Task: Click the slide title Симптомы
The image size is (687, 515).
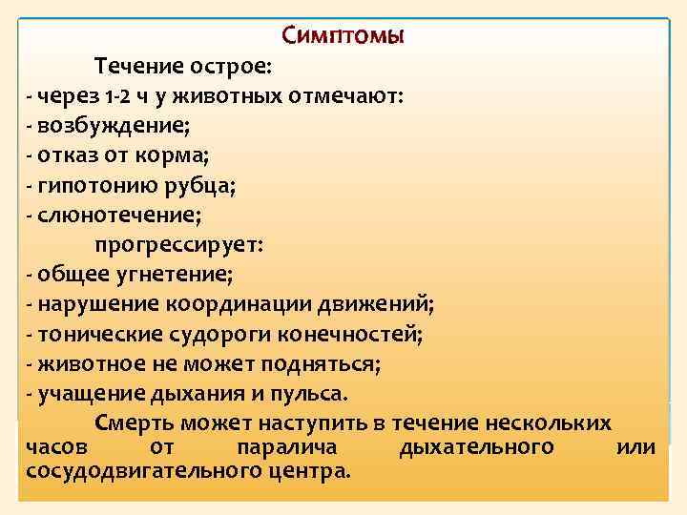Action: pos(343,36)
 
